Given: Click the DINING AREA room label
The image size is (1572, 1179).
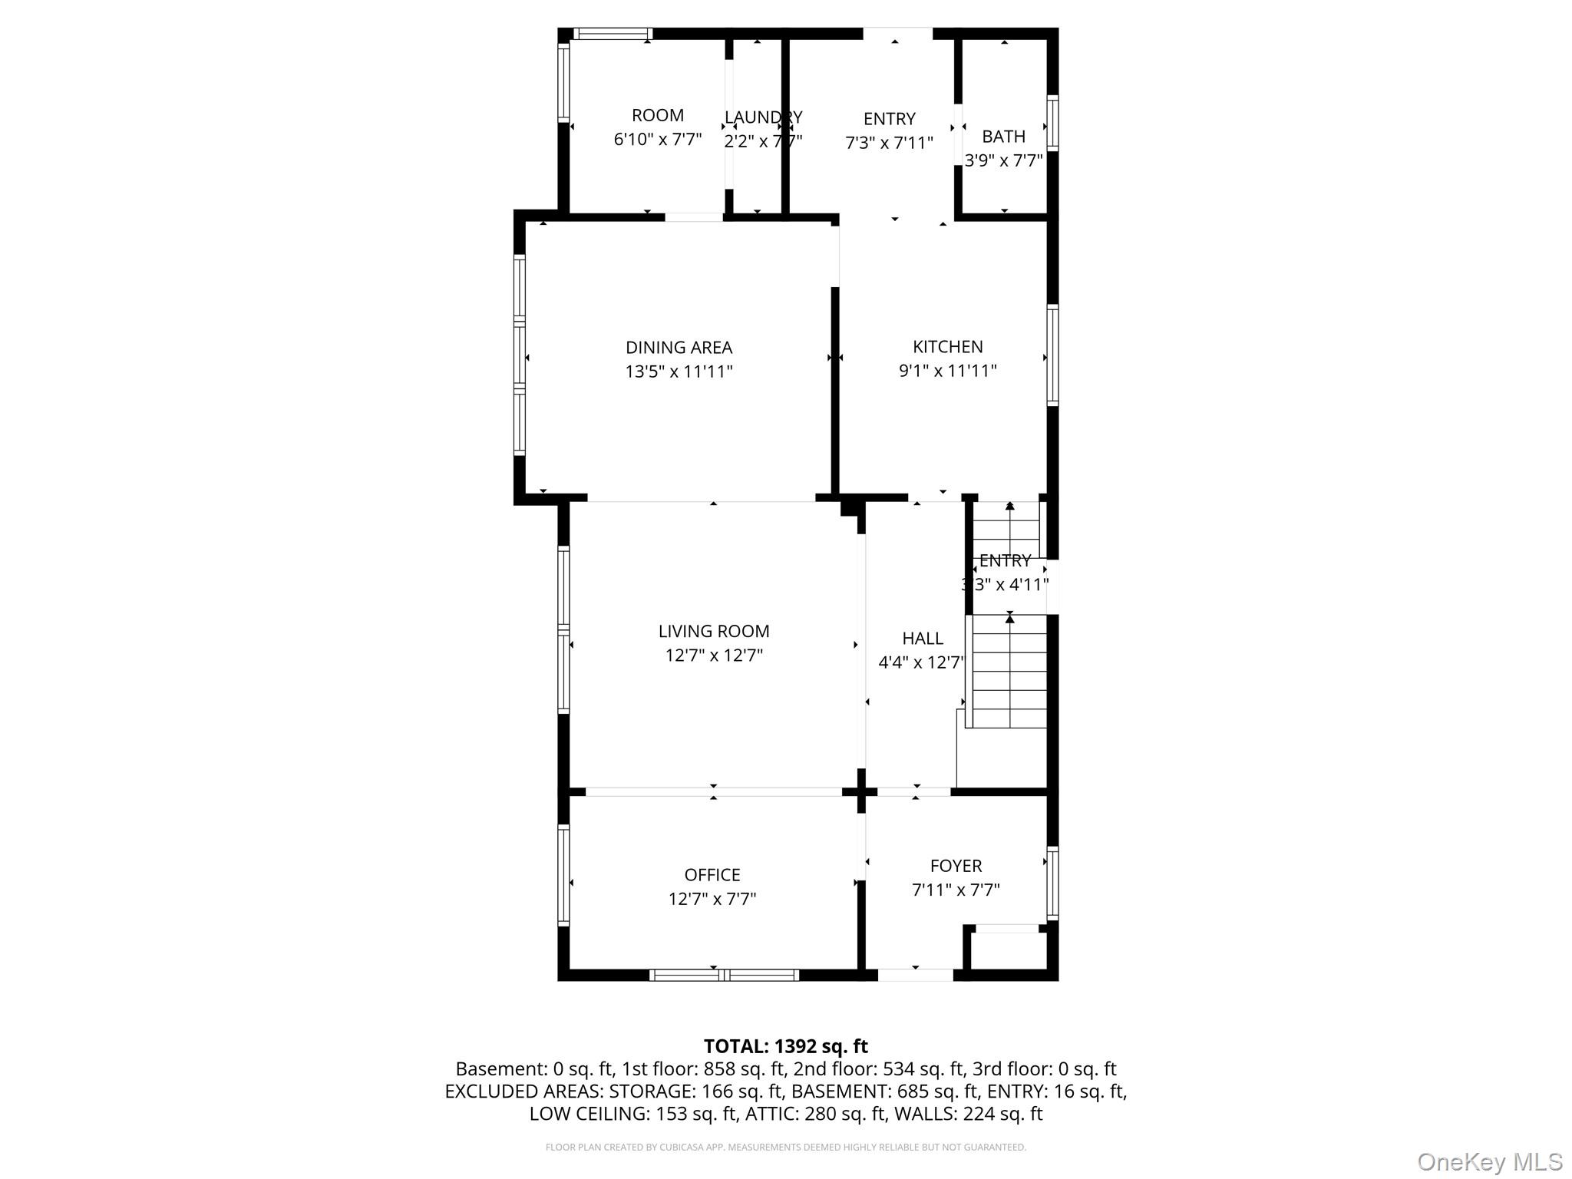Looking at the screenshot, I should [679, 348].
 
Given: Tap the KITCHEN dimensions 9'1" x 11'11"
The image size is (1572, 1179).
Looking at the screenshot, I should [947, 372].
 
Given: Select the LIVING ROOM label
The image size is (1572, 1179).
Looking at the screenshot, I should [713, 631].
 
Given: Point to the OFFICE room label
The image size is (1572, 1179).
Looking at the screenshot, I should [712, 875].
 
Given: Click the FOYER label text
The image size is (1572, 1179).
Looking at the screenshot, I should [956, 866].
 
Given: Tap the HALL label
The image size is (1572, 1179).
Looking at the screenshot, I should [922, 639].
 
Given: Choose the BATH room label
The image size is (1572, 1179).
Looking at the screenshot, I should [1003, 137].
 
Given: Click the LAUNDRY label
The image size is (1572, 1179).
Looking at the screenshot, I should [763, 117].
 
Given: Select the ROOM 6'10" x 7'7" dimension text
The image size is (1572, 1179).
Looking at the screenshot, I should [658, 140].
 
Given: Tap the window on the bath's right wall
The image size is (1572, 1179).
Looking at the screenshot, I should [1053, 122].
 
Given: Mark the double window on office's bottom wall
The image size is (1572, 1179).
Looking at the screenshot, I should [724, 975].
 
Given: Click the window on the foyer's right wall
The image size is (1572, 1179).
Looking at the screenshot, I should [1053, 883].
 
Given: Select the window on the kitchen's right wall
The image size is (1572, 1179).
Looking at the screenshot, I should [1053, 355].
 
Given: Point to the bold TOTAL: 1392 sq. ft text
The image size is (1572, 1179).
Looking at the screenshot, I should [785, 1046].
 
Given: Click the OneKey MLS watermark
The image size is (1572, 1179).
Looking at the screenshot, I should [1489, 1161].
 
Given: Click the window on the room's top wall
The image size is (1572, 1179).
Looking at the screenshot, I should [613, 34].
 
